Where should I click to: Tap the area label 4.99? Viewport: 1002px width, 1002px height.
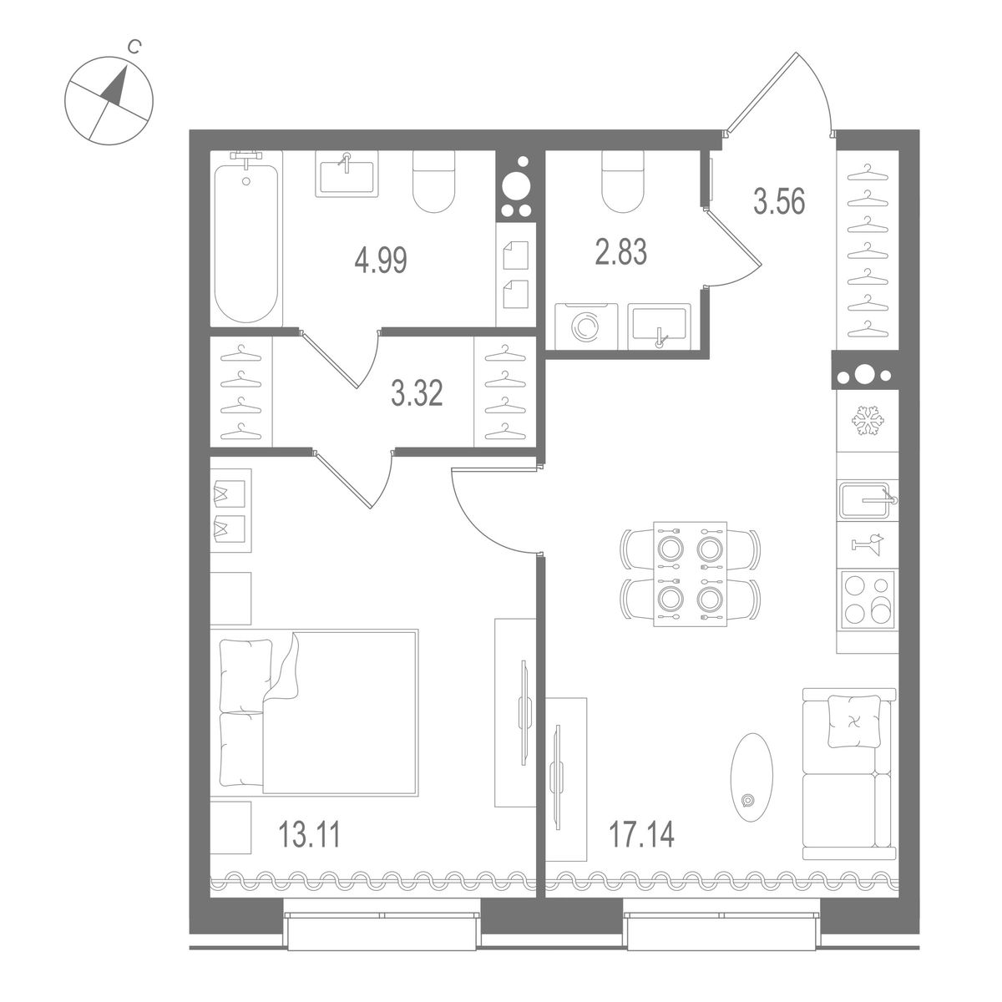[380, 261]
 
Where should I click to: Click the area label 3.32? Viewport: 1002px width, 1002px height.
[417, 392]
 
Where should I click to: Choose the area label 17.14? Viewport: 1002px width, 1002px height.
[641, 832]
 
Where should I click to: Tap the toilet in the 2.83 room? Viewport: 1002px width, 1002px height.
[623, 184]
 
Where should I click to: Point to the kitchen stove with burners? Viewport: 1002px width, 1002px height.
[867, 599]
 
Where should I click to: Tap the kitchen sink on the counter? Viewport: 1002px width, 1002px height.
[867, 503]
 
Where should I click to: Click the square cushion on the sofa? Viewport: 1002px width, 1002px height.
[853, 721]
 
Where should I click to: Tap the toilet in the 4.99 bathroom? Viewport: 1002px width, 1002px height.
[435, 182]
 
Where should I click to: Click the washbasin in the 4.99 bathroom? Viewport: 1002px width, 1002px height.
[347, 174]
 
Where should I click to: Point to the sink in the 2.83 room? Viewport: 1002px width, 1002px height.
[659, 326]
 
